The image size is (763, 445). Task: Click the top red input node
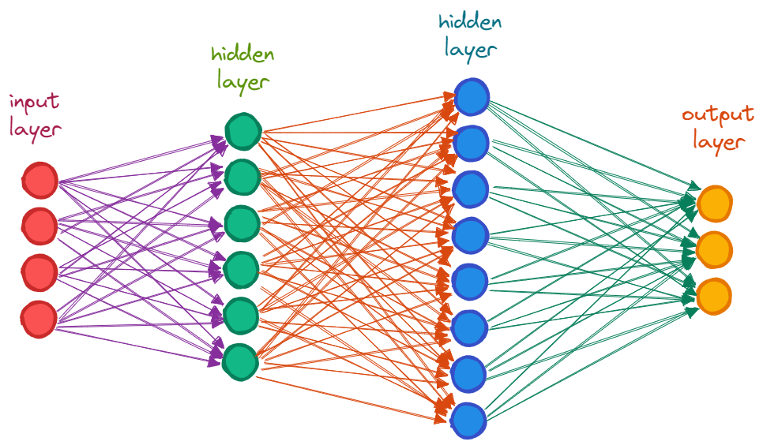click(39, 181)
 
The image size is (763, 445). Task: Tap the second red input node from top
click(39, 226)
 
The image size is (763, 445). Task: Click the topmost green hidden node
click(242, 131)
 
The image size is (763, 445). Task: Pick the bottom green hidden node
click(241, 360)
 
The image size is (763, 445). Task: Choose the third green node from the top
click(242, 223)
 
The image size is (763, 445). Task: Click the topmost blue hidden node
click(472, 96)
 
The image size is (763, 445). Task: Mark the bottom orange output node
click(714, 294)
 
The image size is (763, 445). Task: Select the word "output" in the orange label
click(717, 115)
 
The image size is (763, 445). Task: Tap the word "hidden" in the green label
click(242, 54)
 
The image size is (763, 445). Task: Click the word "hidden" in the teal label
click(472, 21)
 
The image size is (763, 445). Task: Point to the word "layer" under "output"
click(719, 142)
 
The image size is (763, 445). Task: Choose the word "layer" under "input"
click(36, 129)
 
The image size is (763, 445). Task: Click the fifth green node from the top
click(242, 315)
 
